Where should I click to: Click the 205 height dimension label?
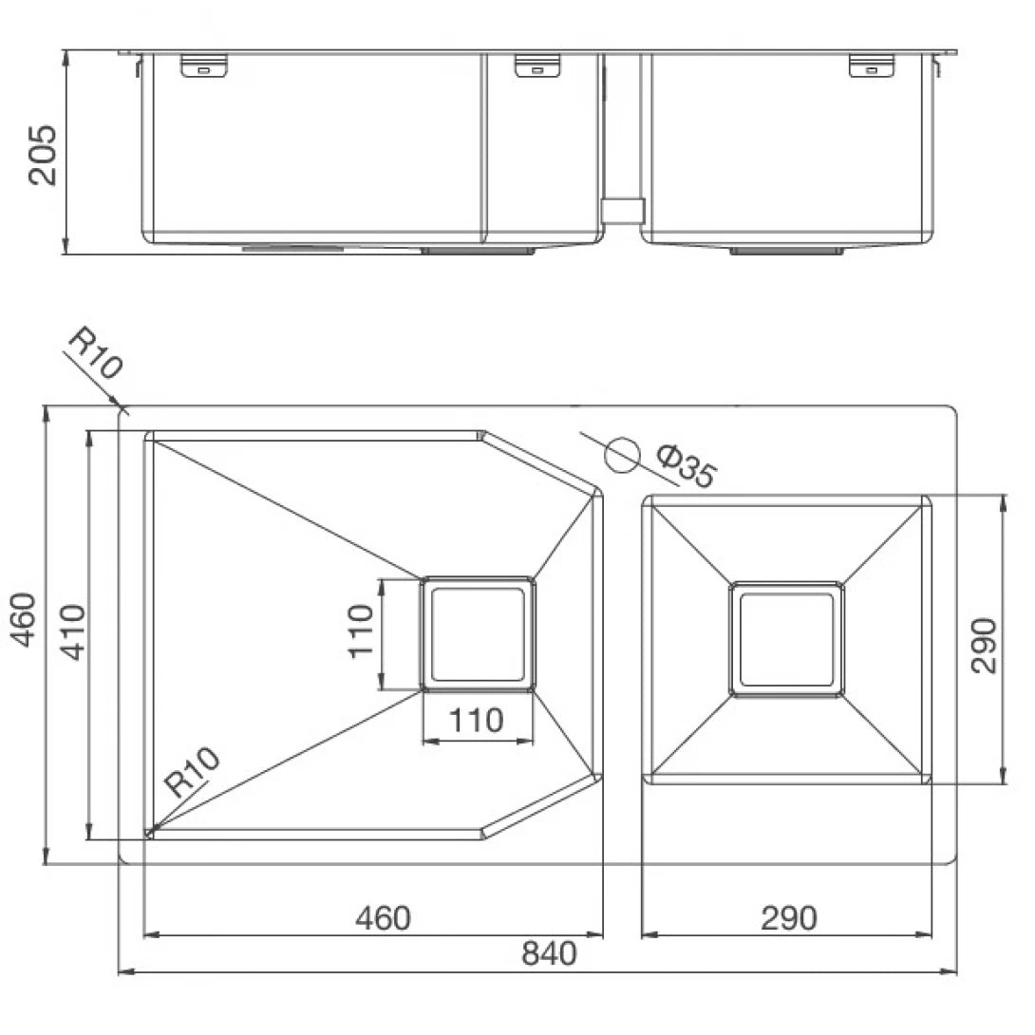pyautogui.click(x=43, y=154)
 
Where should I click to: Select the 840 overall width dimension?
pyautogui.click(x=549, y=952)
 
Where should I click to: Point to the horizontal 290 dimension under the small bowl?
pyautogui.click(x=788, y=918)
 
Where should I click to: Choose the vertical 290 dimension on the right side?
pyautogui.click(x=984, y=646)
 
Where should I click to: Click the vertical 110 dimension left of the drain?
pyautogui.click(x=360, y=631)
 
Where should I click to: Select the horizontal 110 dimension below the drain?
pyautogui.click(x=477, y=721)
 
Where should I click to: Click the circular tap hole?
pyautogui.click(x=623, y=455)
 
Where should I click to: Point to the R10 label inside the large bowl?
pyautogui.click(x=192, y=771)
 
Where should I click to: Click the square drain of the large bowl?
pyautogui.click(x=478, y=633)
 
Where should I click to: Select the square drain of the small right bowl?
pyautogui.click(x=785, y=639)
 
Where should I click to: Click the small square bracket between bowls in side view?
pyautogui.click(x=624, y=210)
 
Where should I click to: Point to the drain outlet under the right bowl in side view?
pyautogui.click(x=785, y=251)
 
